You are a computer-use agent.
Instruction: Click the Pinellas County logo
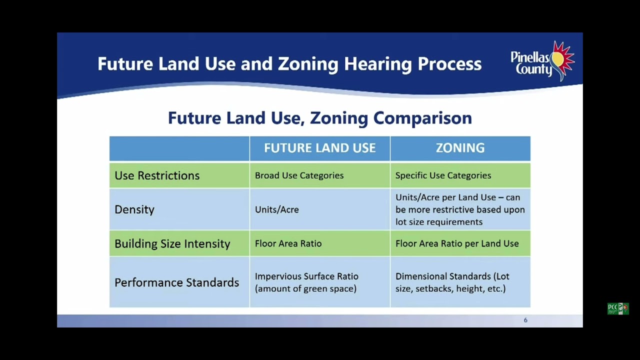542,61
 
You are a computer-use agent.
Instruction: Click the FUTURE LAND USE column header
319,148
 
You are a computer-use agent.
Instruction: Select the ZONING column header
460,148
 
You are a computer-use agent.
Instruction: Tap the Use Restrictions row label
157,175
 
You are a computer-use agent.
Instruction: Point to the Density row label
134,209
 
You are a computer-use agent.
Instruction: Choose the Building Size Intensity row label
172,243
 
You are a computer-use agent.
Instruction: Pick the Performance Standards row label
177,282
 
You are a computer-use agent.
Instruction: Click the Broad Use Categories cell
299,175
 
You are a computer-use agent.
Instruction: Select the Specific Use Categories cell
443,175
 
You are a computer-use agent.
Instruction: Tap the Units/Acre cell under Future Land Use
277,209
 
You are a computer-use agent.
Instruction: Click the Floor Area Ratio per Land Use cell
457,243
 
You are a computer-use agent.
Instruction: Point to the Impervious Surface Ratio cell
306,276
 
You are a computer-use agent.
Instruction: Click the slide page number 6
525,320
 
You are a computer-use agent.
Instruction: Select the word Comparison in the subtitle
422,118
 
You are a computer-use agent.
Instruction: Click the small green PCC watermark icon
618,308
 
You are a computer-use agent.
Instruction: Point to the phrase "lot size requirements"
439,222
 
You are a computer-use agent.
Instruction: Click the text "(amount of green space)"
305,288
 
